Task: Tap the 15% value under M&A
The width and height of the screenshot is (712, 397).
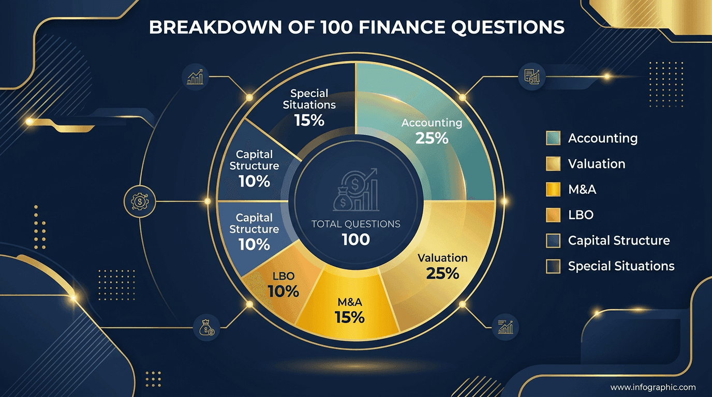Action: (x=350, y=317)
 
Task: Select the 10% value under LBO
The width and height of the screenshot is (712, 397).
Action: (x=284, y=291)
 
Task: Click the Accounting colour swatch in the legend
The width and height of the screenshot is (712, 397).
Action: (x=553, y=139)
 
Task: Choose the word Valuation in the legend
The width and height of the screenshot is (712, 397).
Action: (x=597, y=164)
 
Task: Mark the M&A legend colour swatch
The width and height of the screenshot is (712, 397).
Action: (x=553, y=190)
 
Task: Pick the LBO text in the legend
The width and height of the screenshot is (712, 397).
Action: (x=581, y=215)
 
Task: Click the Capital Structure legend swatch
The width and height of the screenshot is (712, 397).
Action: (x=553, y=241)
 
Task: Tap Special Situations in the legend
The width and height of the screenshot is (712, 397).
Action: (x=621, y=266)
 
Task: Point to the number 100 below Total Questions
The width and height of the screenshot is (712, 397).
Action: (x=355, y=239)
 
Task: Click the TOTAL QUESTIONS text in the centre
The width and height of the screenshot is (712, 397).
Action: (x=355, y=224)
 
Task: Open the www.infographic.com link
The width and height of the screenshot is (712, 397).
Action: (x=652, y=387)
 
